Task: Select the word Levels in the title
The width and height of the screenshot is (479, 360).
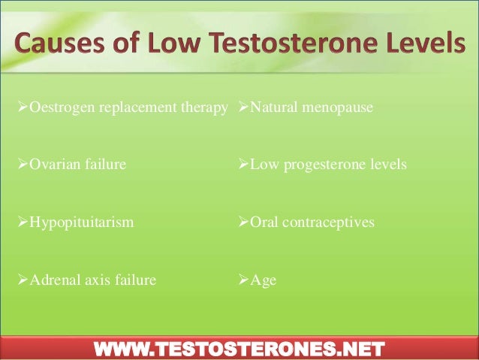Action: [417, 47]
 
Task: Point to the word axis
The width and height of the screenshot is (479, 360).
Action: [95, 281]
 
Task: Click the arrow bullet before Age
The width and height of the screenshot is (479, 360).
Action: [243, 281]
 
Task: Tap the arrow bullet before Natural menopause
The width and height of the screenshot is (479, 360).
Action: [243, 109]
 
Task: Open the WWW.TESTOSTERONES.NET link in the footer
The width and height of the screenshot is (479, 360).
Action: [239, 347]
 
